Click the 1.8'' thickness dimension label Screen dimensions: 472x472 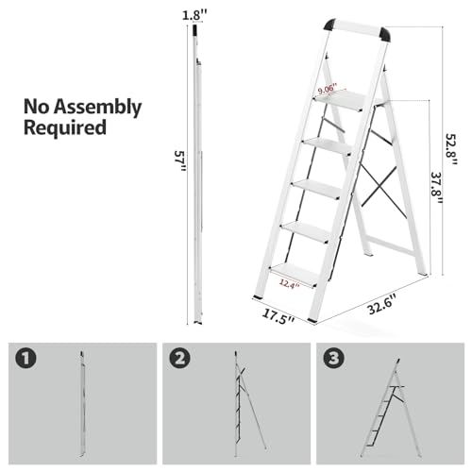pyautogui.click(x=194, y=14)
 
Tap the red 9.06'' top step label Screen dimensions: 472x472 pyautogui.click(x=328, y=89)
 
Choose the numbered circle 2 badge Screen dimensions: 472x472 pyautogui.click(x=180, y=360)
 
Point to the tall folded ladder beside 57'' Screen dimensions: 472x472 pyautogui.click(x=197, y=170)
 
